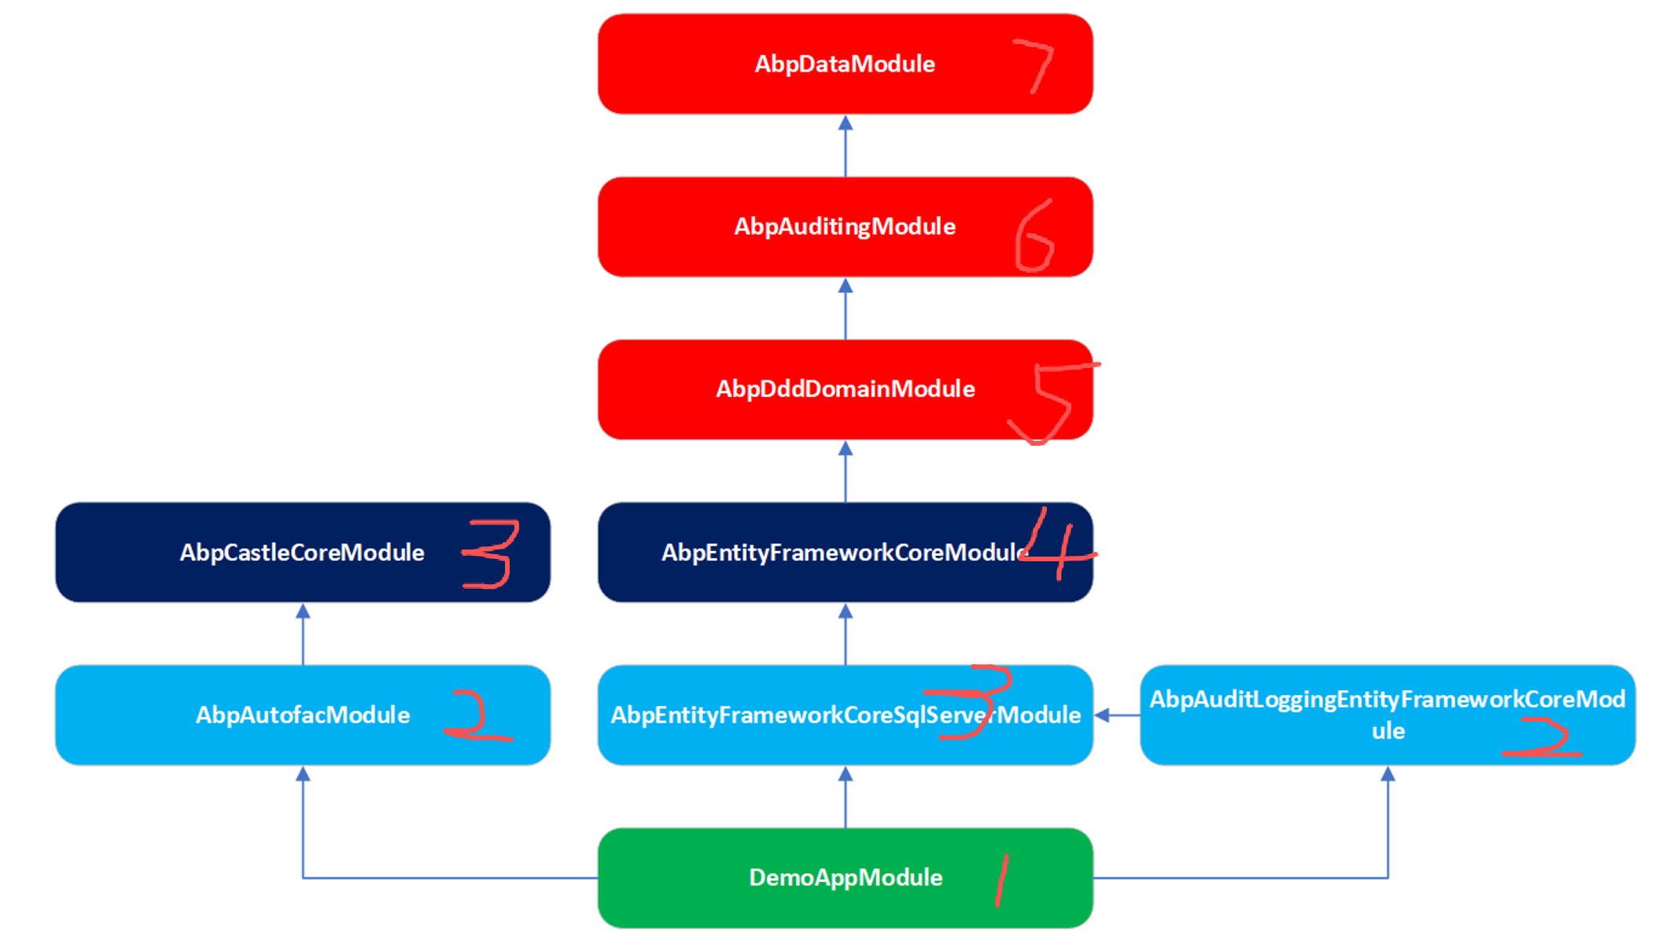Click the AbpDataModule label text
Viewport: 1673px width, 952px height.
(845, 64)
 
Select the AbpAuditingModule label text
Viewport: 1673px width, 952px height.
(845, 226)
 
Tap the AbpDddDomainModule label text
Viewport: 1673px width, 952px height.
(845, 389)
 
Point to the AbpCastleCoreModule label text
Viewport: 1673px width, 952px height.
(302, 552)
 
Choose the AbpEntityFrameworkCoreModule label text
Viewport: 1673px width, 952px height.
(842, 552)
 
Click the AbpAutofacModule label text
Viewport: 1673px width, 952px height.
(303, 715)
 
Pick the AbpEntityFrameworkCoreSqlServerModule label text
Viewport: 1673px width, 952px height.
(845, 715)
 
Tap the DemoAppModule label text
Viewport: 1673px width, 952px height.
(846, 877)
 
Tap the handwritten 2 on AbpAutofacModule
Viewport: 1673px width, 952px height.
(477, 716)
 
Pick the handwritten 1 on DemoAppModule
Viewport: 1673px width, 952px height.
(1001, 880)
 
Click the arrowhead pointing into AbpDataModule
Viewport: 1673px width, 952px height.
(846, 123)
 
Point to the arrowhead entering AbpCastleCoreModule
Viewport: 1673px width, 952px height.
(303, 612)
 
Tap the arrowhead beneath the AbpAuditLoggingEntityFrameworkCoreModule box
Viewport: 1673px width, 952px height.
(1388, 774)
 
